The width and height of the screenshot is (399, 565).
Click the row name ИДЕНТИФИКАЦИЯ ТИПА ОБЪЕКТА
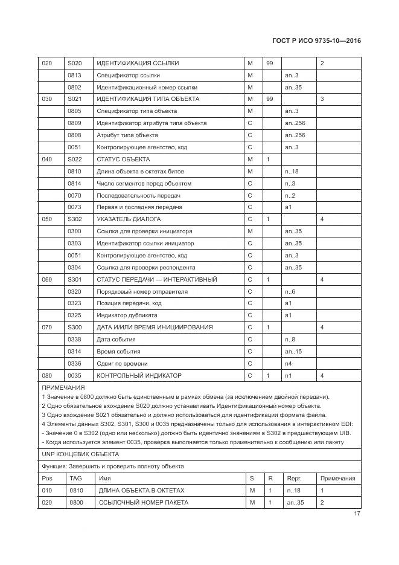148,99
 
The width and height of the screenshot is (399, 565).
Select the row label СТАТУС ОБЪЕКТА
123,159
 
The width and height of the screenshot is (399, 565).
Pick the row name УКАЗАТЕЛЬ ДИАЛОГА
129,219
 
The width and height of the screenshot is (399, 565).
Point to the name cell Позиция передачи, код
129,303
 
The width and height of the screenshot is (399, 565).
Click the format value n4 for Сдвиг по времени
289,363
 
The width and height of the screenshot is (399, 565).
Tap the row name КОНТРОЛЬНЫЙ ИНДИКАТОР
139,375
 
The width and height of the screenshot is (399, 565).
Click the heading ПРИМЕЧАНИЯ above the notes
63,387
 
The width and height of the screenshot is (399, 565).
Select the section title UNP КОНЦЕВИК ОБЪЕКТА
80,454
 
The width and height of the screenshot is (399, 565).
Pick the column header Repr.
294,478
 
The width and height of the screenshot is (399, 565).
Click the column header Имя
104,478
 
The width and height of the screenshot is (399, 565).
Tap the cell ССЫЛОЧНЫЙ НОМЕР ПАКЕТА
144,502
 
